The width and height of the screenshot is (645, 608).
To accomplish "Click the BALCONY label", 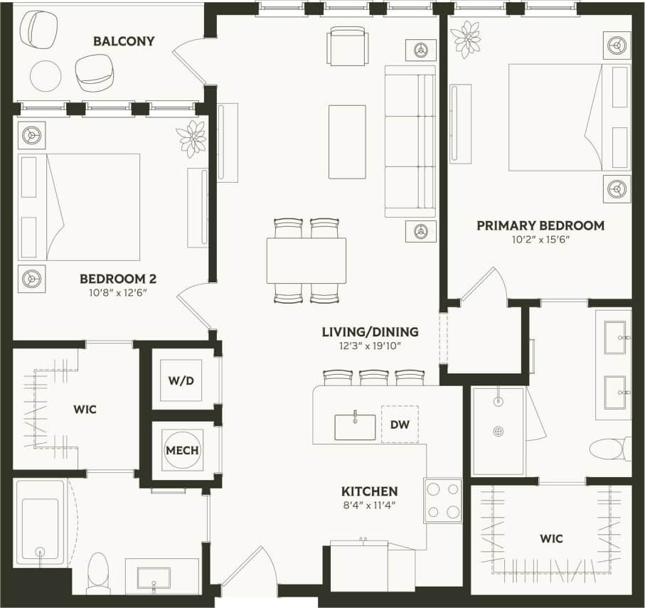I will [x=124, y=41].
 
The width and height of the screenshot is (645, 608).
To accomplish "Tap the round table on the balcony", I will [x=46, y=75].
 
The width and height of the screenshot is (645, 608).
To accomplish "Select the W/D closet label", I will [x=181, y=380].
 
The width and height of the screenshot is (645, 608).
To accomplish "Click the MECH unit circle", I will [x=182, y=450].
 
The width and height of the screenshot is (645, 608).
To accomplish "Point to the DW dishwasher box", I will [x=400, y=424].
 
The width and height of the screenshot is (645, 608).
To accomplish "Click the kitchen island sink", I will [x=355, y=427].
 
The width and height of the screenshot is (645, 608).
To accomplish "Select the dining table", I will [x=306, y=260].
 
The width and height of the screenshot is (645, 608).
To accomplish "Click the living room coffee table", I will [x=347, y=142].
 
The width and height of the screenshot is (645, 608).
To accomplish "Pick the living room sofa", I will [x=410, y=142].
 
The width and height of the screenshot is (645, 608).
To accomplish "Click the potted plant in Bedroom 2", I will [x=192, y=138].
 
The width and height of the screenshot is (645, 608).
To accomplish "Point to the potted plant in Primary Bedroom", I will [x=466, y=39].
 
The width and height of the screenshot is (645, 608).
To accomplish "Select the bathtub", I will [x=40, y=523].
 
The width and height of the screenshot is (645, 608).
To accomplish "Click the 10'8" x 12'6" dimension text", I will [x=118, y=293].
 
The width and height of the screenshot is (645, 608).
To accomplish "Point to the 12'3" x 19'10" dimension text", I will [x=370, y=346].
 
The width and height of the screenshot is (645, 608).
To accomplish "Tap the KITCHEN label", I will [x=369, y=491].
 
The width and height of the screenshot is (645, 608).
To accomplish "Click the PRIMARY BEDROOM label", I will [x=540, y=225].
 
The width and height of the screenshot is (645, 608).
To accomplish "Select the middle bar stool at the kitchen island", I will [x=373, y=377].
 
